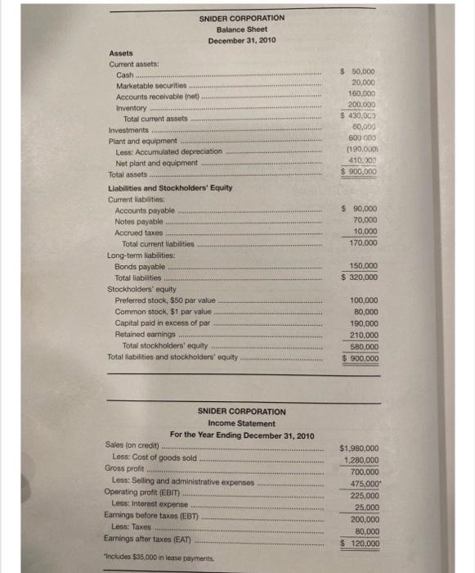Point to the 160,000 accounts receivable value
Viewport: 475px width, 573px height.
pos(362,94)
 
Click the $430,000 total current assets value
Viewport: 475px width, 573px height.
pos(360,116)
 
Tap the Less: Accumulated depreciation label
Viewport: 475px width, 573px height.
pos(168,151)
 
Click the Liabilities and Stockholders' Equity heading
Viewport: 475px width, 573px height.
pos(170,188)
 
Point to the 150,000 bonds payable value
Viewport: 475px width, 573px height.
pos(363,266)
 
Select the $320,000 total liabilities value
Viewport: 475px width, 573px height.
pos(360,277)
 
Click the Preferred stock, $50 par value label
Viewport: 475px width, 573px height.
pos(165,300)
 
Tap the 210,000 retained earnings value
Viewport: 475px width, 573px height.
pos(363,335)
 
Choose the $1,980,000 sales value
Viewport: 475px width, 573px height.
pos(359,449)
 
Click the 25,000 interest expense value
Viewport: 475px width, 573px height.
pos(365,508)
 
